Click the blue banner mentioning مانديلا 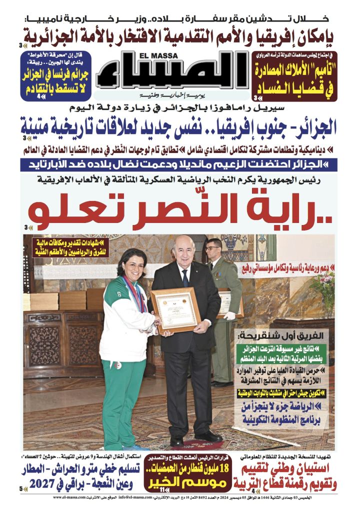coord(179,164)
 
